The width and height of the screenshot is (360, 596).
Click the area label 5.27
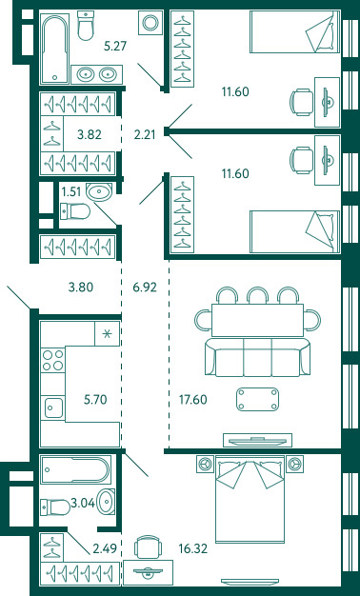115,47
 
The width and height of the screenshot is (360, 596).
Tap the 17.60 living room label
192,400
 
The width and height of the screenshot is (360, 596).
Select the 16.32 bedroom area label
193,548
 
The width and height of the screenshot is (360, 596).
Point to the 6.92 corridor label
145,288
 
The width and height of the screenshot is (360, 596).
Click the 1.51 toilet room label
71,191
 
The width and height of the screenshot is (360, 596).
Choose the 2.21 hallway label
145,134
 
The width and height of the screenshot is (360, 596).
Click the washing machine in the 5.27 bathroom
150,23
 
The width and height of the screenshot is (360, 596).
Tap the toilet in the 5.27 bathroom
86,25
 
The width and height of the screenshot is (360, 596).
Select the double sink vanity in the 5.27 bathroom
97,74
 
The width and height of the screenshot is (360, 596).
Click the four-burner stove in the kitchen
52,360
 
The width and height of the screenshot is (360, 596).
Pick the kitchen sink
52,407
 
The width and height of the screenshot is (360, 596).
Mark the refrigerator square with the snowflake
108,334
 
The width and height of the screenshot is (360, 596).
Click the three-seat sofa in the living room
258,357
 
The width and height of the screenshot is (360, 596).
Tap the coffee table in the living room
258,399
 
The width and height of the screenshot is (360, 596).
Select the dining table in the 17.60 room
257,320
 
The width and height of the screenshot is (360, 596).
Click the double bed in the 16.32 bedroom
250,499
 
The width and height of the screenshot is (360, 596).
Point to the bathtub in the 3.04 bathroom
75,469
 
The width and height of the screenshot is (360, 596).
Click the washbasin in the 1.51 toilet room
99,191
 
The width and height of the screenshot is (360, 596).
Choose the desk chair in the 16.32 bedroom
148,546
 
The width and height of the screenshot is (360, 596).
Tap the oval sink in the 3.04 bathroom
106,502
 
